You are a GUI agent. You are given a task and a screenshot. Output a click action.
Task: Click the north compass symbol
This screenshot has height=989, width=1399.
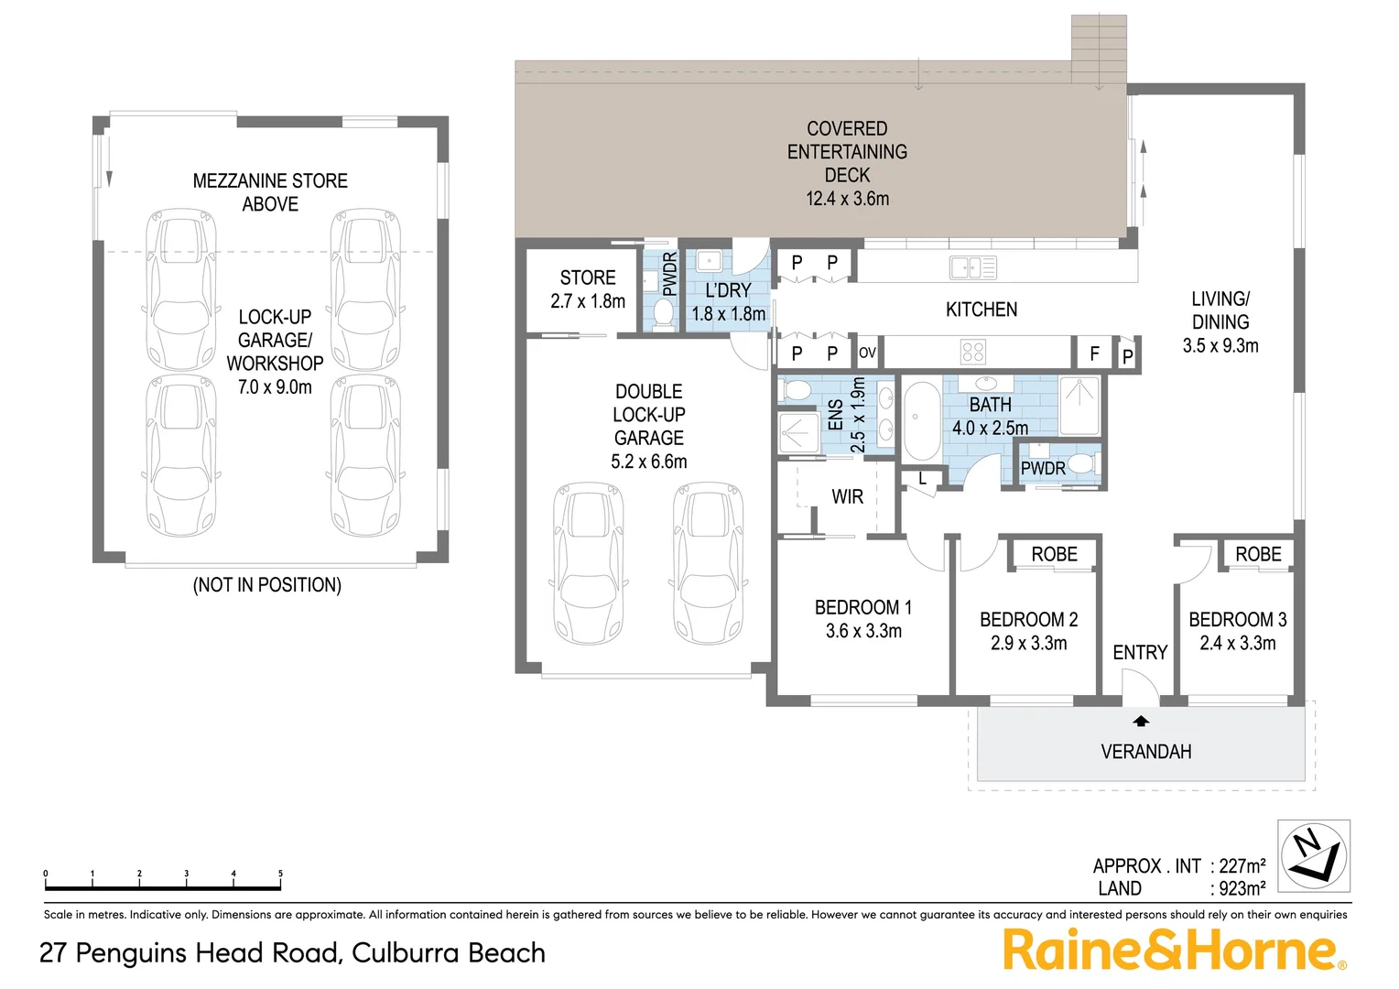1314,854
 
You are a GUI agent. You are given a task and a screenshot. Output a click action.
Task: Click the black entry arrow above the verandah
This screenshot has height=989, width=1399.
1141,721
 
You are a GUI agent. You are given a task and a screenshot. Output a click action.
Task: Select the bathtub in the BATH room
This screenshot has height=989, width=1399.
921,420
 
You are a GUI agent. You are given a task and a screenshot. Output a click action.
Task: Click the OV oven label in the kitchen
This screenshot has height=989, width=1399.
867,353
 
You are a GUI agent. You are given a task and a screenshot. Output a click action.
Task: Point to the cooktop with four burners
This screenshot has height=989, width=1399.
973,352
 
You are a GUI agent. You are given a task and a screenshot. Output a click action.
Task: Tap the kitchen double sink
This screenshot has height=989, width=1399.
972,267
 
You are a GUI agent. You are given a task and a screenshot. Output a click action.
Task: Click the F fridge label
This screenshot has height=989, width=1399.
1094,353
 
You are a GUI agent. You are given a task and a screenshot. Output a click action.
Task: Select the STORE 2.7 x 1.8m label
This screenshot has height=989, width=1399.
588,288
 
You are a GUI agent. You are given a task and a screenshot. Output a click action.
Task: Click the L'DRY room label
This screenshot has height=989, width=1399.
728,290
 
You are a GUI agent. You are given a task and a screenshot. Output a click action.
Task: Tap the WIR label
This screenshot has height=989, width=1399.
847,496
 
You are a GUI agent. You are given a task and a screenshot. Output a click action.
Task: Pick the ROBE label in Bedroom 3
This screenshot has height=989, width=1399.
1258,554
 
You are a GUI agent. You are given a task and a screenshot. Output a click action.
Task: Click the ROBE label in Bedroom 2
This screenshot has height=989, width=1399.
1054,554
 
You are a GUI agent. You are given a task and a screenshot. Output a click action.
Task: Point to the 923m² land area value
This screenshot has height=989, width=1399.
1242,888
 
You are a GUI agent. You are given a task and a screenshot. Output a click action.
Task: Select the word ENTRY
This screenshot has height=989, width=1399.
1140,652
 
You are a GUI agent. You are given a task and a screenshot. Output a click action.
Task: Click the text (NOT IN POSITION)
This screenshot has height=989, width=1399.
266,584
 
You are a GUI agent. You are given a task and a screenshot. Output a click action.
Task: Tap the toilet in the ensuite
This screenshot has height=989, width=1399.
796,391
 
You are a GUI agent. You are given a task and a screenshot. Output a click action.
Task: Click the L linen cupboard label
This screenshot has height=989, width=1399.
922,478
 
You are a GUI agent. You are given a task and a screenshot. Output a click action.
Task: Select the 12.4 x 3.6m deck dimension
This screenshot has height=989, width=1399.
847,199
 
